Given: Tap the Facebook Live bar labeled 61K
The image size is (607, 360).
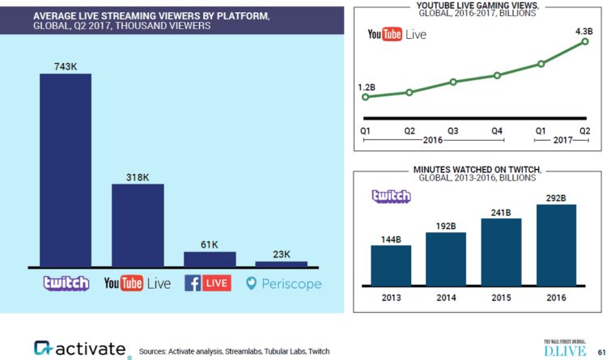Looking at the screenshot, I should tap(210, 258).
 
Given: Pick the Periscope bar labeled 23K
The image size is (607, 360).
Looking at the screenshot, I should tap(281, 264).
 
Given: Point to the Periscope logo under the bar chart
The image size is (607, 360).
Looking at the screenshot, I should tap(284, 283).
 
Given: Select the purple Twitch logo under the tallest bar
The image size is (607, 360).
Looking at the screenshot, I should tap(66, 283).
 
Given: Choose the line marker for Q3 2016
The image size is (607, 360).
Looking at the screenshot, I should tap(453, 82).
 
